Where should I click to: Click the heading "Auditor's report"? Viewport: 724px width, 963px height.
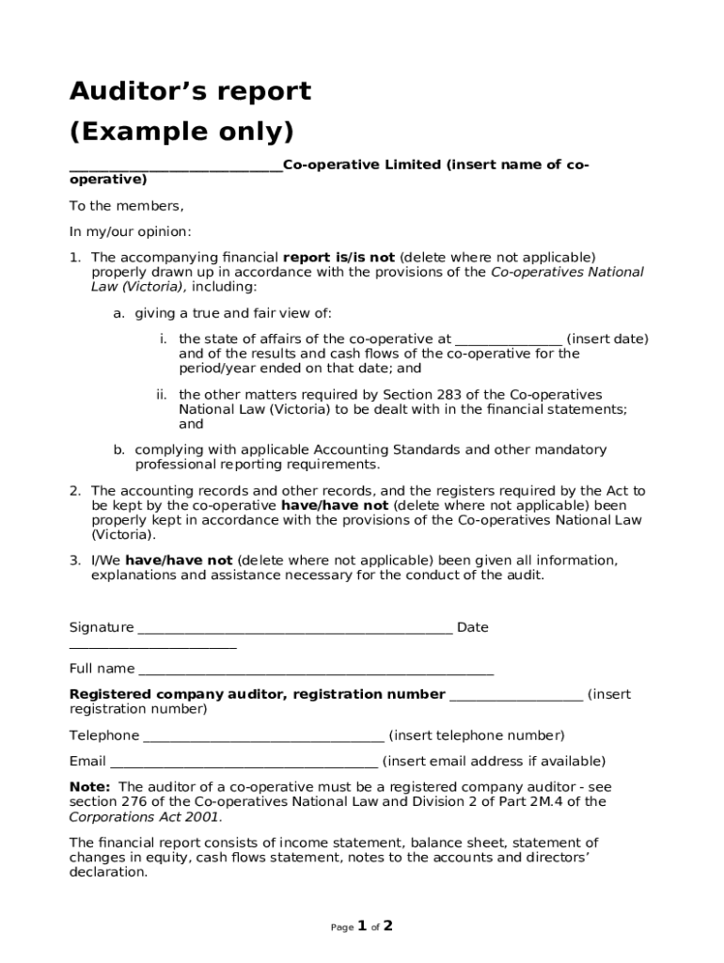tap(190, 92)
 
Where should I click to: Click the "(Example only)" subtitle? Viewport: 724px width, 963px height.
tap(181, 130)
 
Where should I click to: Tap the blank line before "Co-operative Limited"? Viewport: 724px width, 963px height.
tap(176, 169)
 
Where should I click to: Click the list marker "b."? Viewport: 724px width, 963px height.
tap(119, 450)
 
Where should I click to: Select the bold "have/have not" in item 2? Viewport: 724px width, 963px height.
tap(335, 505)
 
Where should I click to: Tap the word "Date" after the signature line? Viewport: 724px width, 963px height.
tap(472, 627)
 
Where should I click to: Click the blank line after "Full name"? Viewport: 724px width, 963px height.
tap(316, 672)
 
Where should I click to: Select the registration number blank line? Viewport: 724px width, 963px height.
tap(516, 698)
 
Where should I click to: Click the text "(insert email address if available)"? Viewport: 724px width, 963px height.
tap(494, 762)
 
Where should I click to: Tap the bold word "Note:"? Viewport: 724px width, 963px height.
tap(90, 787)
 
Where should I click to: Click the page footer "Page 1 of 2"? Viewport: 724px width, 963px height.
tap(361, 926)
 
